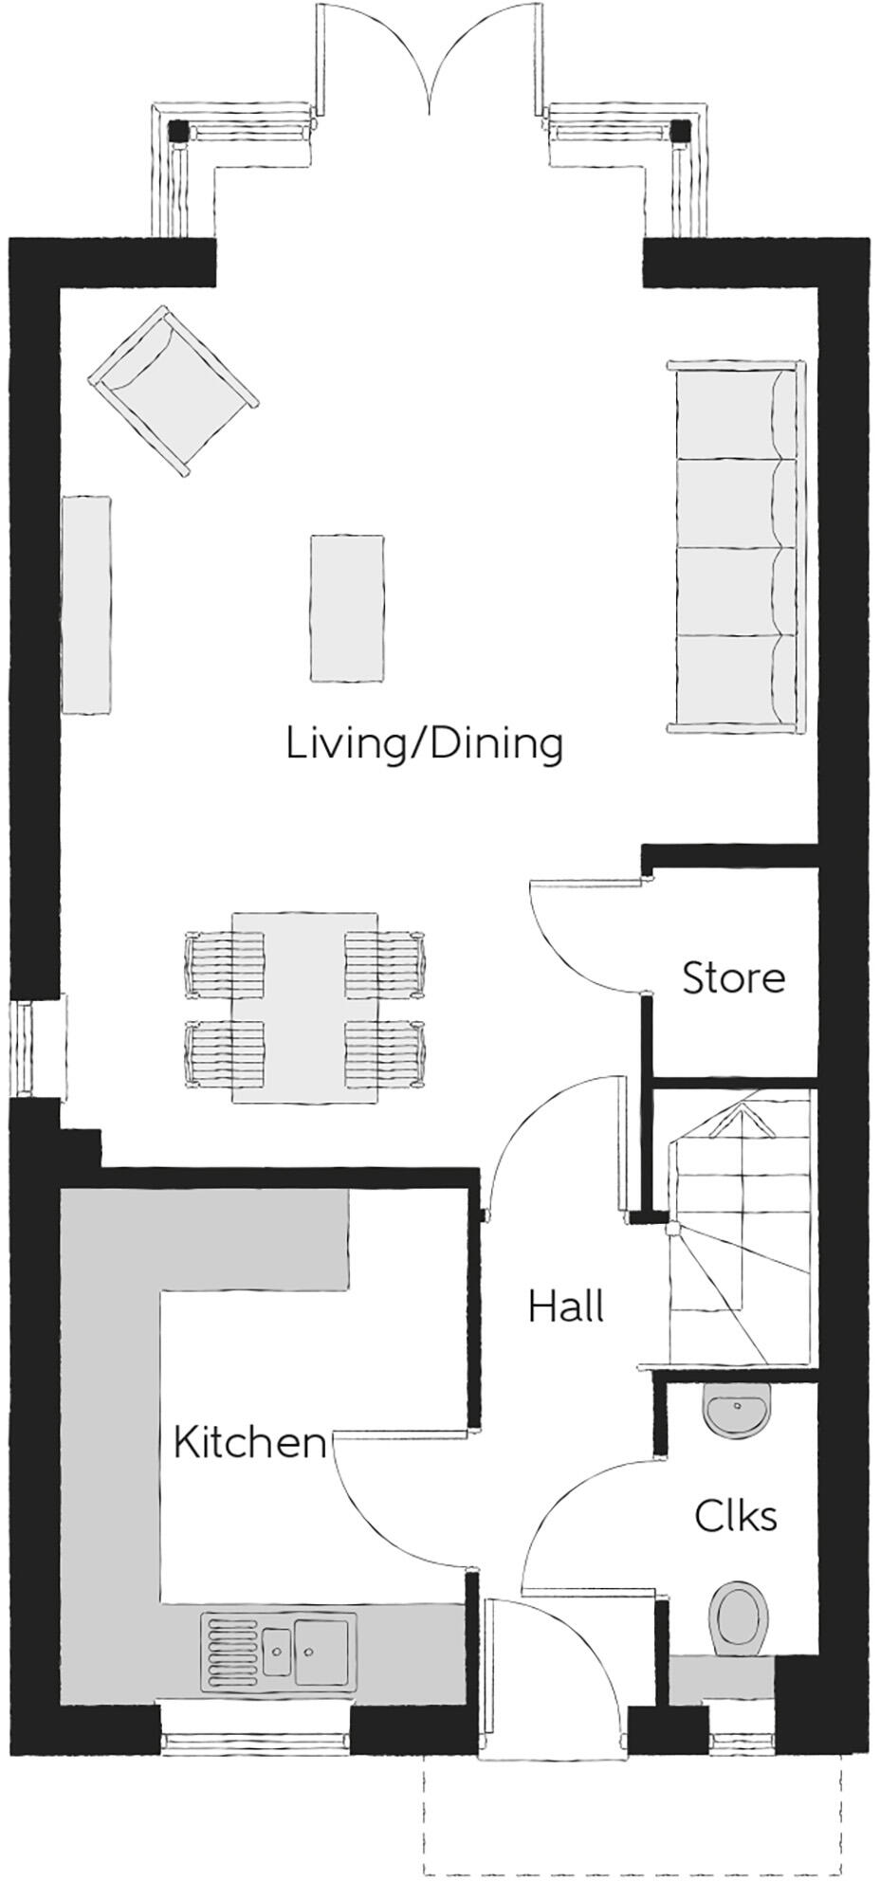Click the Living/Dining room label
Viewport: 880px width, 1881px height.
pos(424,744)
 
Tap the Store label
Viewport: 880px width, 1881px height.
pos(733,977)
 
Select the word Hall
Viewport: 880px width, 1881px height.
pos(566,1306)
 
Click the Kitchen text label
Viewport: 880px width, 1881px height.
pos(249,1443)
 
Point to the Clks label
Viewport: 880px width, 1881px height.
pos(735,1515)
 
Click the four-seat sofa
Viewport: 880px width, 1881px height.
pos(736,547)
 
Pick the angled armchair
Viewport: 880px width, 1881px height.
pos(173,390)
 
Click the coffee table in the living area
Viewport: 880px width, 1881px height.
pos(347,608)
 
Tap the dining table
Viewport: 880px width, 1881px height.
pos(305,1007)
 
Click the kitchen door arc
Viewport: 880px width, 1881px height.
pos(394,1507)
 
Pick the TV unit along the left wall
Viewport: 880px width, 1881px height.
pos(86,605)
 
